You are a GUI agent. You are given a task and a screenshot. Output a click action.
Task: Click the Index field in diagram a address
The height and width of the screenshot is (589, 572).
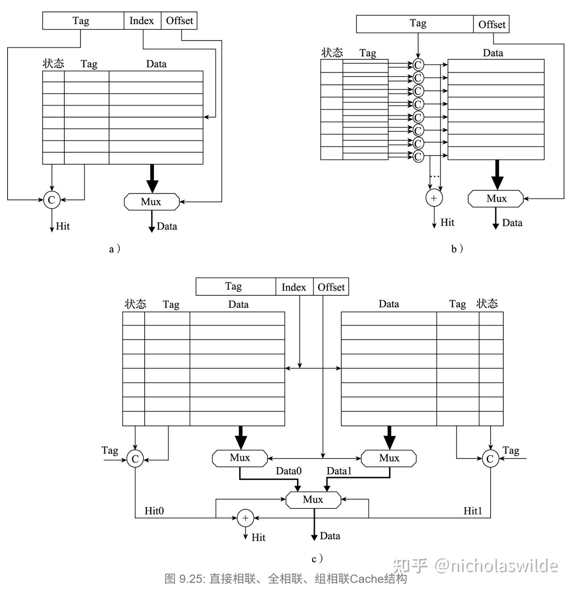pos(142,21)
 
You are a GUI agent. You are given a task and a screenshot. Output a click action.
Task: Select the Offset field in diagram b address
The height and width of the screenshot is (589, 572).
pos(491,25)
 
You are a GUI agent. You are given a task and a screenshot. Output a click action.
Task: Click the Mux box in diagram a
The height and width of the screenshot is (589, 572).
pos(152,202)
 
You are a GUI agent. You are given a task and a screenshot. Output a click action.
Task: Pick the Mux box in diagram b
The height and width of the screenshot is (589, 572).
pos(496,198)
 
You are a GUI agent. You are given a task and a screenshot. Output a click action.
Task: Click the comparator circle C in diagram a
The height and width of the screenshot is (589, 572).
pos(52,200)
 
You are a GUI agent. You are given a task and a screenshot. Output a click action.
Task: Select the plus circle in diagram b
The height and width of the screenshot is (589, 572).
pos(434,198)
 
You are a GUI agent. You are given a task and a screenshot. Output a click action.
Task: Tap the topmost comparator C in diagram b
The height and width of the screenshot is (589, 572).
pos(418,65)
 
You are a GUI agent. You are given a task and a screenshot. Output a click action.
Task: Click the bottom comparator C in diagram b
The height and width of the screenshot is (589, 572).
pos(418,156)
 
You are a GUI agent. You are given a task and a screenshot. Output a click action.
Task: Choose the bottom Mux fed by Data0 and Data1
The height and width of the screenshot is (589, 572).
pos(313,500)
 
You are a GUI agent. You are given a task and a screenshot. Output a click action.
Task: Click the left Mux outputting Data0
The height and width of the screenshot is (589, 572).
pos(240,458)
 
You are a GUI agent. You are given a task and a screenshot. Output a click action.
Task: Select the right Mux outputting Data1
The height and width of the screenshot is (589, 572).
pos(389,458)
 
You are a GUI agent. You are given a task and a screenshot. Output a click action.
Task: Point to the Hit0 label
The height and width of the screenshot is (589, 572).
pos(154,511)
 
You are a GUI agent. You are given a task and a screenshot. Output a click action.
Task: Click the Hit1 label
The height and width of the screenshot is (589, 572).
pos(473,511)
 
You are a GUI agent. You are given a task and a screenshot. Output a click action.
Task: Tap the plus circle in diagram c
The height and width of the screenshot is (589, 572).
pos(245,518)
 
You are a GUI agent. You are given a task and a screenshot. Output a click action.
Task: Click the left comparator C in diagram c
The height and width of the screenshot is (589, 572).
pos(135,459)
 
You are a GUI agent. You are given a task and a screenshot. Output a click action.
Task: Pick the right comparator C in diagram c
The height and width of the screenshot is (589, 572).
pos(490,459)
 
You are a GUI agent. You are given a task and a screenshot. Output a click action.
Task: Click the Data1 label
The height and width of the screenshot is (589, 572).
pos(339,471)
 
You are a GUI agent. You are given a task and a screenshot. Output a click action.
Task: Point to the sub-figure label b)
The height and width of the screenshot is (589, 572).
pos(457,249)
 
